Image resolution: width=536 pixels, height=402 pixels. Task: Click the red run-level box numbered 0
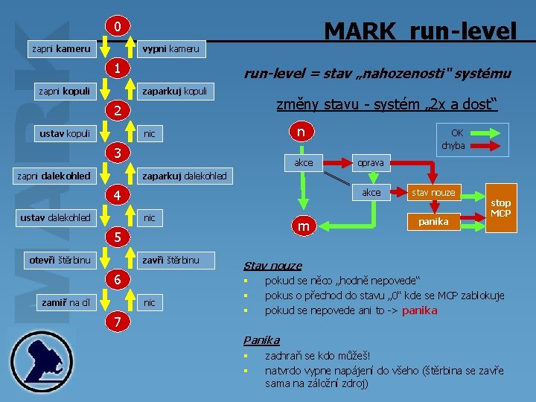[118, 28]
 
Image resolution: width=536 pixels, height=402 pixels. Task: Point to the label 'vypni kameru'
[170, 49]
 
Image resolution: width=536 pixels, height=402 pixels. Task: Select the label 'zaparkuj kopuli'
[176, 92]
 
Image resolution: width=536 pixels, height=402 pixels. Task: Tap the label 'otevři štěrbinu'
[60, 260]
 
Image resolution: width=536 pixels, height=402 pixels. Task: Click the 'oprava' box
[371, 162]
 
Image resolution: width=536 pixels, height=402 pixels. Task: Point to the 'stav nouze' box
[433, 192]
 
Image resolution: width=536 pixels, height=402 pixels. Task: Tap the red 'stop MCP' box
[501, 208]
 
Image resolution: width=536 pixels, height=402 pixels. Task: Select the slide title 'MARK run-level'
[420, 31]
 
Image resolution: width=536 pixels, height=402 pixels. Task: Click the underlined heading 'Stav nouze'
[272, 266]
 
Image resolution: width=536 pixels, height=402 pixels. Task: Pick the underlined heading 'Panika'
[261, 340]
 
